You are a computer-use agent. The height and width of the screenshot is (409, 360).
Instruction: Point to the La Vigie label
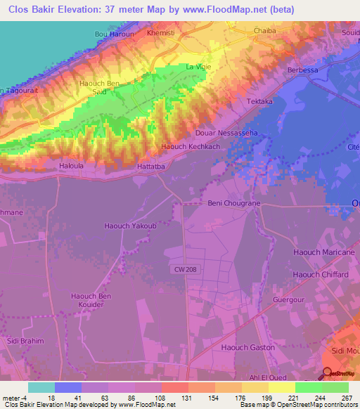coord(198,67)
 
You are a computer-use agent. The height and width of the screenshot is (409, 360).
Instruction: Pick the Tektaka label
coord(259,102)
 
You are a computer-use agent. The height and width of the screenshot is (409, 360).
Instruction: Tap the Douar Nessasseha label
coord(226,133)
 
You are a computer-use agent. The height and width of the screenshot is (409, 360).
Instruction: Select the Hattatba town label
coord(151,166)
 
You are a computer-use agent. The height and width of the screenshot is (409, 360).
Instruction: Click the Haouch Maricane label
coord(324,252)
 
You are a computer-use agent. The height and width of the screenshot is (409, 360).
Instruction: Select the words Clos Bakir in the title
coord(33,9)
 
